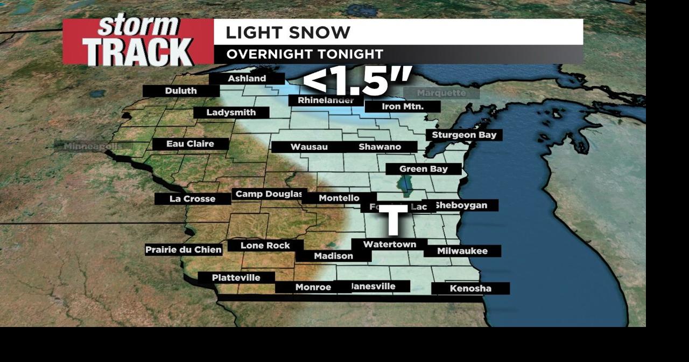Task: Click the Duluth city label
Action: click(181, 91)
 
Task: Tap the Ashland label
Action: click(247, 79)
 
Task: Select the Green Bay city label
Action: click(424, 169)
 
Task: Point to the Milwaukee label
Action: click(462, 251)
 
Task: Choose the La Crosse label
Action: click(192, 199)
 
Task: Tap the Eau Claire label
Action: click(190, 144)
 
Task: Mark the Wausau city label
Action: click(309, 147)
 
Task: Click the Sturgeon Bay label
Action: click(464, 135)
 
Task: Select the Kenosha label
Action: click(470, 289)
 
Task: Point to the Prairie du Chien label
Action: click(184, 250)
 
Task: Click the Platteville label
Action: click(236, 278)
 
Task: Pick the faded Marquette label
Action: click(441, 93)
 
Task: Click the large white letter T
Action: click(394, 220)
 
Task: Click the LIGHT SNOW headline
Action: click(287, 32)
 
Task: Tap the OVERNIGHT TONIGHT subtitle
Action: click(304, 54)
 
